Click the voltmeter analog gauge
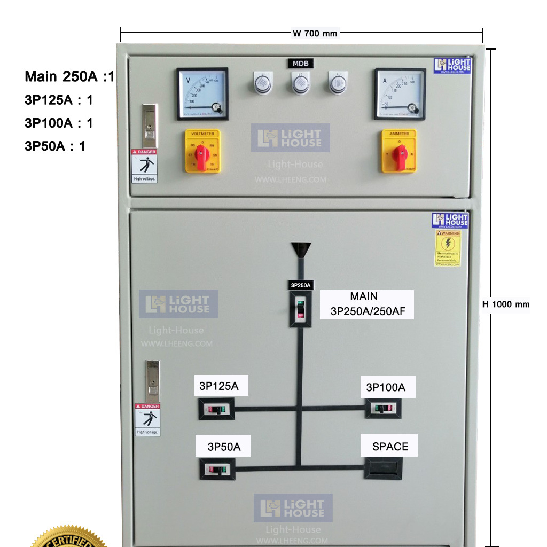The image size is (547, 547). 202,94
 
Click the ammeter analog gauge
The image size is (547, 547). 400,94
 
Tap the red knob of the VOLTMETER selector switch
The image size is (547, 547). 201,155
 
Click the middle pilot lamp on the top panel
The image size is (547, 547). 300,83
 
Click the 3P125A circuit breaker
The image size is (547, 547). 217,410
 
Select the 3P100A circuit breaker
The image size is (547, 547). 383,409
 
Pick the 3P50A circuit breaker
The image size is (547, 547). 217,470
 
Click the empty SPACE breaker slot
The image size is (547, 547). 383,468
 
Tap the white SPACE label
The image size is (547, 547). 390,447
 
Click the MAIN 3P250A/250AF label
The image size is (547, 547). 367,304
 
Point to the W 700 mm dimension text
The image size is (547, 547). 315,33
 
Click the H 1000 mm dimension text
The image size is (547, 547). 506,304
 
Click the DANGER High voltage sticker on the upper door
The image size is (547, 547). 144,166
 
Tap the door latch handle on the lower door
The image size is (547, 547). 153,381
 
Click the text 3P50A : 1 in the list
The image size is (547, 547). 55,146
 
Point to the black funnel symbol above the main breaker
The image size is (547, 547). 301,249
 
